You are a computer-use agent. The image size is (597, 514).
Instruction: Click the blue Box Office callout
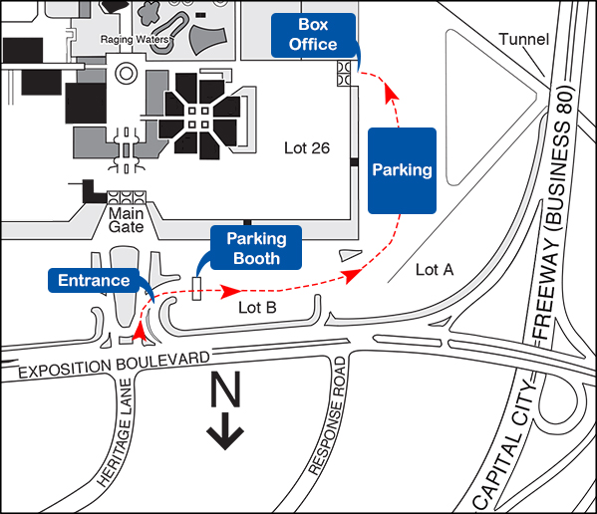[x=313, y=35]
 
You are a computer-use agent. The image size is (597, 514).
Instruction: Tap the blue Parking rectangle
[x=402, y=170]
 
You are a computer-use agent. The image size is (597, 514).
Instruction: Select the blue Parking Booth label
[x=256, y=248]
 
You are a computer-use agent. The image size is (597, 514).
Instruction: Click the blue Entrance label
[x=94, y=280]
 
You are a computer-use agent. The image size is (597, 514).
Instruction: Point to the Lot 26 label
[x=307, y=148]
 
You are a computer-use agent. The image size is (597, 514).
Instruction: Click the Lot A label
[x=435, y=269]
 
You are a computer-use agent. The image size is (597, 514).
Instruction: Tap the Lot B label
[x=257, y=308]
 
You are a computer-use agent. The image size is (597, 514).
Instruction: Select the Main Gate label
[x=126, y=220]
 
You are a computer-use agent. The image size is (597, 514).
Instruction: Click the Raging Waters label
[x=135, y=39]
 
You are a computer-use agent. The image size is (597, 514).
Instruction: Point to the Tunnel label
[x=524, y=39]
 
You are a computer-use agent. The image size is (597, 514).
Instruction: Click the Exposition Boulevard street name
[x=114, y=365]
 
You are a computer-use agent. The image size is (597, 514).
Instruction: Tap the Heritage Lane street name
[x=115, y=433]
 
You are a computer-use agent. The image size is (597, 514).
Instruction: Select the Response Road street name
[x=328, y=416]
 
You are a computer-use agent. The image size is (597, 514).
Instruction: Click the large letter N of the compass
[x=225, y=388]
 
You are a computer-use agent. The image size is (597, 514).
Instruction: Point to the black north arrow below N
[x=225, y=431]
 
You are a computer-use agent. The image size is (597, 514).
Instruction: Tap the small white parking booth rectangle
[x=196, y=289]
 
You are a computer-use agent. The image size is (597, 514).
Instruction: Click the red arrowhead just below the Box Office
[x=392, y=94]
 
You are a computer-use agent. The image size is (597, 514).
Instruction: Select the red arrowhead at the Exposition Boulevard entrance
[x=140, y=331]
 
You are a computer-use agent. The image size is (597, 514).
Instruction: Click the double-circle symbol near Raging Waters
[x=126, y=73]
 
